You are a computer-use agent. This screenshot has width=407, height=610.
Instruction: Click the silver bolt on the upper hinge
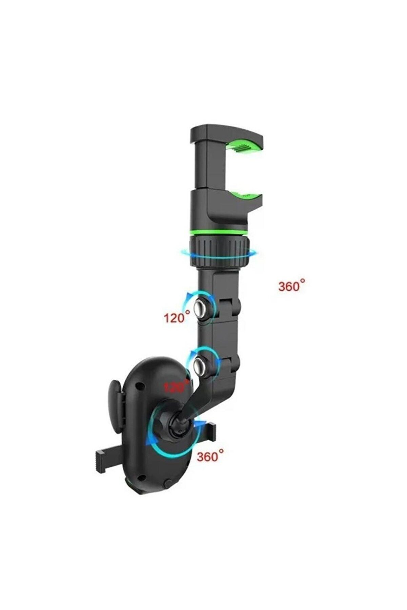tap(201, 308)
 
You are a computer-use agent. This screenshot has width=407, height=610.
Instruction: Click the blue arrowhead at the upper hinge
tap(186, 298)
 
